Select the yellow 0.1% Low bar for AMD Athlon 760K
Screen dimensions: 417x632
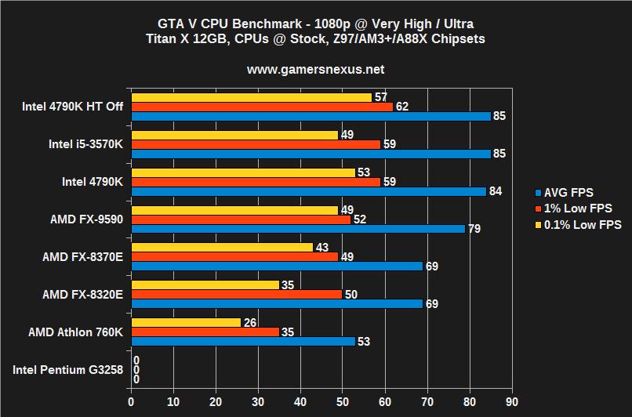tap(186, 322)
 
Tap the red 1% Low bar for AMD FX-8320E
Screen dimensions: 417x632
tap(236, 294)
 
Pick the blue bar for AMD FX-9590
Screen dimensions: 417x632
tap(298, 229)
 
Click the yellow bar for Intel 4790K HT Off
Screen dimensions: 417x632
tap(251, 97)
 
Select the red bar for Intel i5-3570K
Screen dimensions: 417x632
tap(256, 144)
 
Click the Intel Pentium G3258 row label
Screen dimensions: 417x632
tap(68, 369)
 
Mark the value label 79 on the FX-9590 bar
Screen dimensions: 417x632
tap(474, 229)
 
